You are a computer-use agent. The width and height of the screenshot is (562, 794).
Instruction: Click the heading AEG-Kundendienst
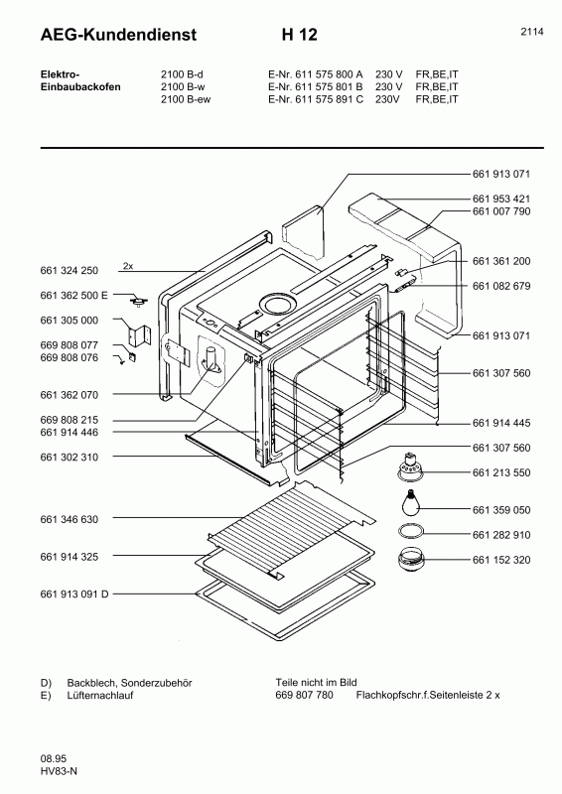pos(118,35)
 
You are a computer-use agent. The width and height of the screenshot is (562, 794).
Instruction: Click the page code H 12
pos(300,35)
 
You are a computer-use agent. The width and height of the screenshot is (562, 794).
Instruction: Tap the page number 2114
pos(532,32)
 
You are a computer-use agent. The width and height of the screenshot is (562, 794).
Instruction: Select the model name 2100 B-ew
pos(186,99)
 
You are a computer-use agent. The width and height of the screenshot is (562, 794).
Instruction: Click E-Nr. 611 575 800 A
pos(316,73)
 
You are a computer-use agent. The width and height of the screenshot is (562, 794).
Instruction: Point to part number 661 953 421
pos(501,198)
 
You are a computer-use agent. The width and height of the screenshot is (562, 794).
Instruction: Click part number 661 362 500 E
pos(74,295)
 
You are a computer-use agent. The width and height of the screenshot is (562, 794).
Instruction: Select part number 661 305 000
pos(69,320)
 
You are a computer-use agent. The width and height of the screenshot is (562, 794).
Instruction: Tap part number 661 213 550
pos(501,472)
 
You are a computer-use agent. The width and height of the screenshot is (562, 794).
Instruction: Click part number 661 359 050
pos(501,510)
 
